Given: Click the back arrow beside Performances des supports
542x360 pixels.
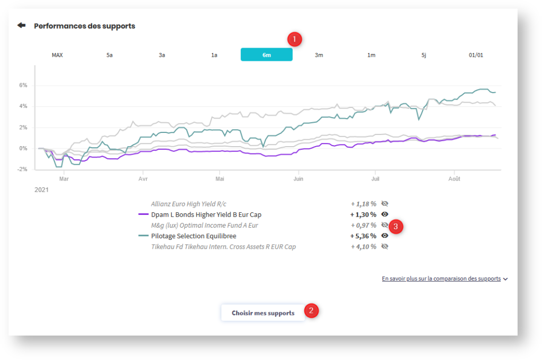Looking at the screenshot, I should point(21,25).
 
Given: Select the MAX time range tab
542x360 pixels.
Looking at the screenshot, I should point(57,55).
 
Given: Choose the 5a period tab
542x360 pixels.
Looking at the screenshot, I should point(110,55).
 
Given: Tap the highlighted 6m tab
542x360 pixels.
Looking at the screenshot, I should point(266,55).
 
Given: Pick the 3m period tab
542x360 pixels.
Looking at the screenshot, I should point(319,55).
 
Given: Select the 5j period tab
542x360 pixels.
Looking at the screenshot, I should point(423,55).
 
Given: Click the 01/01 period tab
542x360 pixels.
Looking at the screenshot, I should point(476,55).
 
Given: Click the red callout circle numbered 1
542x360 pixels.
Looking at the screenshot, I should point(294,39).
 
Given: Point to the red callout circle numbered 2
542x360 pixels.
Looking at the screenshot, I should point(312,311).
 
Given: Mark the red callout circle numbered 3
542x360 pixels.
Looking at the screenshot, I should point(396,226).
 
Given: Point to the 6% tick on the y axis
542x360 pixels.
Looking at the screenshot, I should point(23,85).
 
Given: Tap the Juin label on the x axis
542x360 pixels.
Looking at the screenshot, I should point(299,179).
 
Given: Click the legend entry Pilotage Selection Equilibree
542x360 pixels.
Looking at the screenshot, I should point(193,236).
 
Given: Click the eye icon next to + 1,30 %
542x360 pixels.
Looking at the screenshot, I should point(385,214).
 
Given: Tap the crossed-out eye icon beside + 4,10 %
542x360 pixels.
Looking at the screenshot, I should point(385,247).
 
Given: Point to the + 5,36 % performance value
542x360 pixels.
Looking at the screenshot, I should point(363,236).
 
